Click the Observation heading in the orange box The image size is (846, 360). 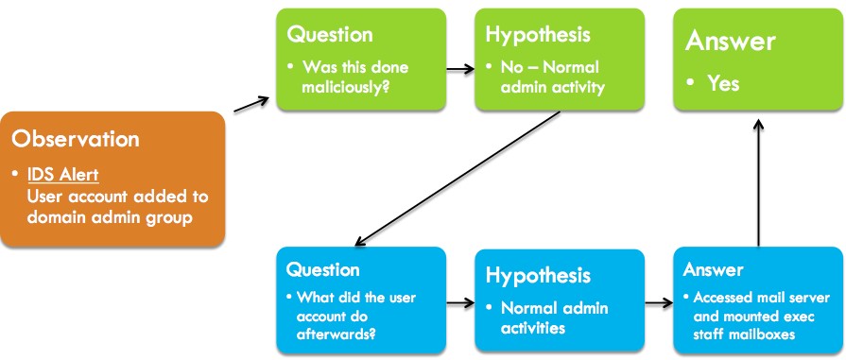[x=76, y=139]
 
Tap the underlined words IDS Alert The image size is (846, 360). [x=62, y=176]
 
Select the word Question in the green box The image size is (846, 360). [x=330, y=35]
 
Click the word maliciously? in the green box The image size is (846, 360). [x=345, y=86]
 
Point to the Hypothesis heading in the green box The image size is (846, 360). [x=538, y=35]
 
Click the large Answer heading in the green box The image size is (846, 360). [x=730, y=42]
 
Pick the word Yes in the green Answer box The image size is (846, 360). [x=723, y=84]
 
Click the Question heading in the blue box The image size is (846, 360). [x=322, y=268]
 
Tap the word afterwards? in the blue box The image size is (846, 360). [x=337, y=334]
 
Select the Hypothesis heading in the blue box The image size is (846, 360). [x=538, y=275]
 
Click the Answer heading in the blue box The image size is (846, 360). [x=714, y=269]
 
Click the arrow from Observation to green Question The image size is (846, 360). [x=251, y=105]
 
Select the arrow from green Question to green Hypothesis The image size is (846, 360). [x=460, y=69]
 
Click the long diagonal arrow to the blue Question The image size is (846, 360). [x=458, y=179]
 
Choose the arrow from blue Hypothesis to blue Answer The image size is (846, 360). [x=659, y=302]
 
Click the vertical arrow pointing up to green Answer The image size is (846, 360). [x=759, y=183]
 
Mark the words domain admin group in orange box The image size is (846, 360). [x=110, y=218]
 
